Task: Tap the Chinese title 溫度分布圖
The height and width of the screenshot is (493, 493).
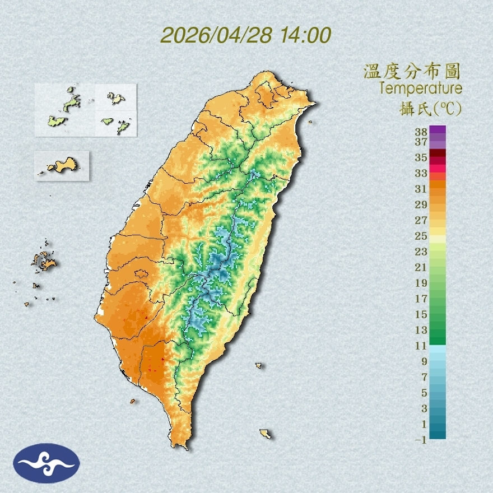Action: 412,72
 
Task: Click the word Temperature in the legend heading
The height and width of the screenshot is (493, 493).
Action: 420,89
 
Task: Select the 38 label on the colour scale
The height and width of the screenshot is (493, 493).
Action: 421,132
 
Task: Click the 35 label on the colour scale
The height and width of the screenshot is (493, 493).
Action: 421,157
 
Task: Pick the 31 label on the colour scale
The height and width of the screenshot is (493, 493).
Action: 421,189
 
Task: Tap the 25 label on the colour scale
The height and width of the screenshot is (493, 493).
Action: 421,236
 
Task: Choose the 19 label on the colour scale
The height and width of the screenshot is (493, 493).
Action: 421,283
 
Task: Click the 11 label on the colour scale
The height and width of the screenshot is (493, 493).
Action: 421,346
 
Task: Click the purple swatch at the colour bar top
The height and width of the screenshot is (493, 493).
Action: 438,130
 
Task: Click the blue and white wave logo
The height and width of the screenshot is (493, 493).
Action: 46,463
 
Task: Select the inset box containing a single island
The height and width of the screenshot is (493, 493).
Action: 62,165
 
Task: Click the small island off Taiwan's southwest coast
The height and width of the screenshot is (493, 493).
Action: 133,401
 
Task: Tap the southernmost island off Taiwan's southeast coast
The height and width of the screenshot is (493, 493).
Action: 266,434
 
